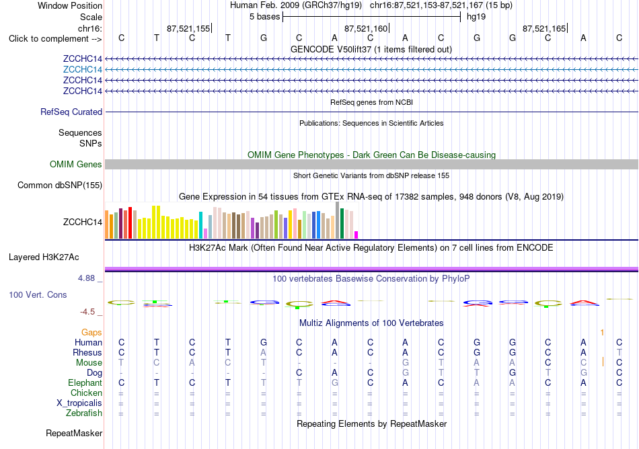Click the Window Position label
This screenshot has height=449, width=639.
point(70,5)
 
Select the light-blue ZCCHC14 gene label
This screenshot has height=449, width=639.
point(82,70)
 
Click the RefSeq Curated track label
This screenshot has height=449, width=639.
point(71,112)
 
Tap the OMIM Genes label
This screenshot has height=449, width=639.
point(76,165)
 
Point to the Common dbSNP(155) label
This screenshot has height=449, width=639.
point(60,186)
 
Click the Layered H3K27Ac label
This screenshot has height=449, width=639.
point(44,257)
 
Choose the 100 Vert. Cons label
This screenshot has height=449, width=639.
point(38,294)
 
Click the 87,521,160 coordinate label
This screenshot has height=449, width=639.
point(366,28)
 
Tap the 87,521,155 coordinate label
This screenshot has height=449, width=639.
point(188,28)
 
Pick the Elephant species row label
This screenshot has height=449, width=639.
point(85,383)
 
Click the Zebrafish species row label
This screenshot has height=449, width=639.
point(84,413)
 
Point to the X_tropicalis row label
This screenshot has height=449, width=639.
point(79,403)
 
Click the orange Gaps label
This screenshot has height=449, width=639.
point(91,333)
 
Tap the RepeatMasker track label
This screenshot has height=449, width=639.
point(74,433)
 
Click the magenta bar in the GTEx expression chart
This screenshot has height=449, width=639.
point(356,235)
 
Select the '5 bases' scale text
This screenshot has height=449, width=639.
point(265,17)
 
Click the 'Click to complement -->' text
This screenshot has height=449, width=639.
point(55,39)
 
